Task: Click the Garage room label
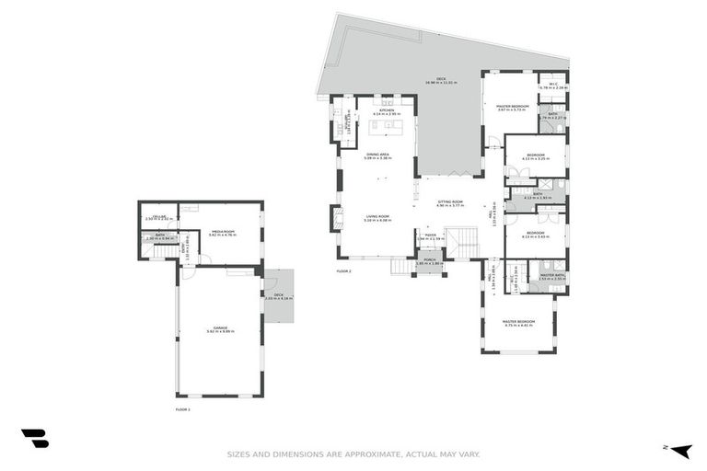(221, 328)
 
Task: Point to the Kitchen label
(386, 111)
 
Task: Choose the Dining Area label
(378, 155)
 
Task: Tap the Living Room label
(377, 218)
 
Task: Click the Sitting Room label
(450, 202)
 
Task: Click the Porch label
(429, 261)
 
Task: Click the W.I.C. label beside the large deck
(552, 86)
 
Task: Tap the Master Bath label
(552, 276)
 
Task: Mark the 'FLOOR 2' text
(344, 272)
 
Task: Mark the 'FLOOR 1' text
(182, 408)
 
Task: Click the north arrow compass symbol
(682, 450)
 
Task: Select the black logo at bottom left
(35, 439)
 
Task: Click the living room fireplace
(335, 218)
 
